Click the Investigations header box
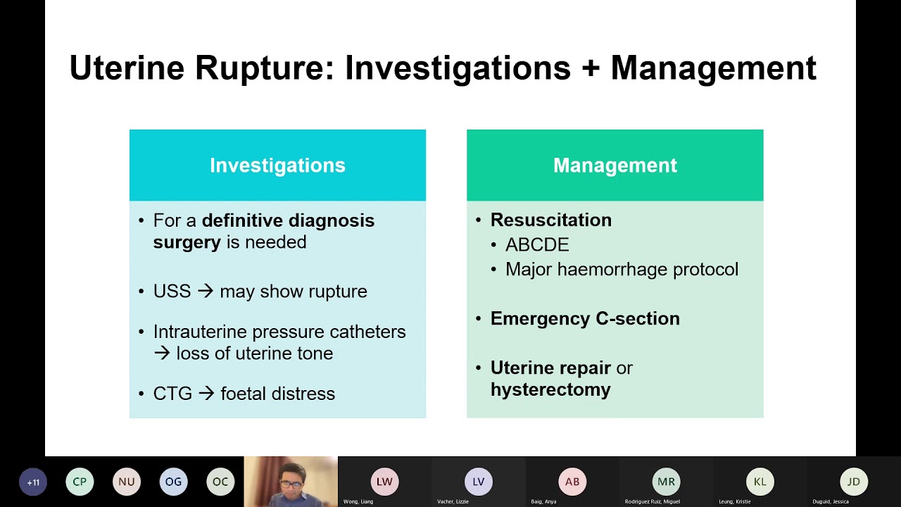tap(277, 165)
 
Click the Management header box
tap(615, 165)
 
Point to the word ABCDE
tap(537, 245)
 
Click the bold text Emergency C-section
tap(585, 318)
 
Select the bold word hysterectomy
tap(550, 389)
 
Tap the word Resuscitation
tap(551, 220)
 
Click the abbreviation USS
tap(172, 292)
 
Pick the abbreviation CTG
tap(172, 394)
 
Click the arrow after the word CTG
tap(206, 394)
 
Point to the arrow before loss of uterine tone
tap(162, 353)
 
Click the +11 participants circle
tap(33, 482)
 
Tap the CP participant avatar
tap(80, 482)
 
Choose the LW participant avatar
tap(384, 482)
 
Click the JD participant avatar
tap(853, 482)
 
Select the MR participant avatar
tap(666, 482)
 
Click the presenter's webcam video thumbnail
tap(291, 482)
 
